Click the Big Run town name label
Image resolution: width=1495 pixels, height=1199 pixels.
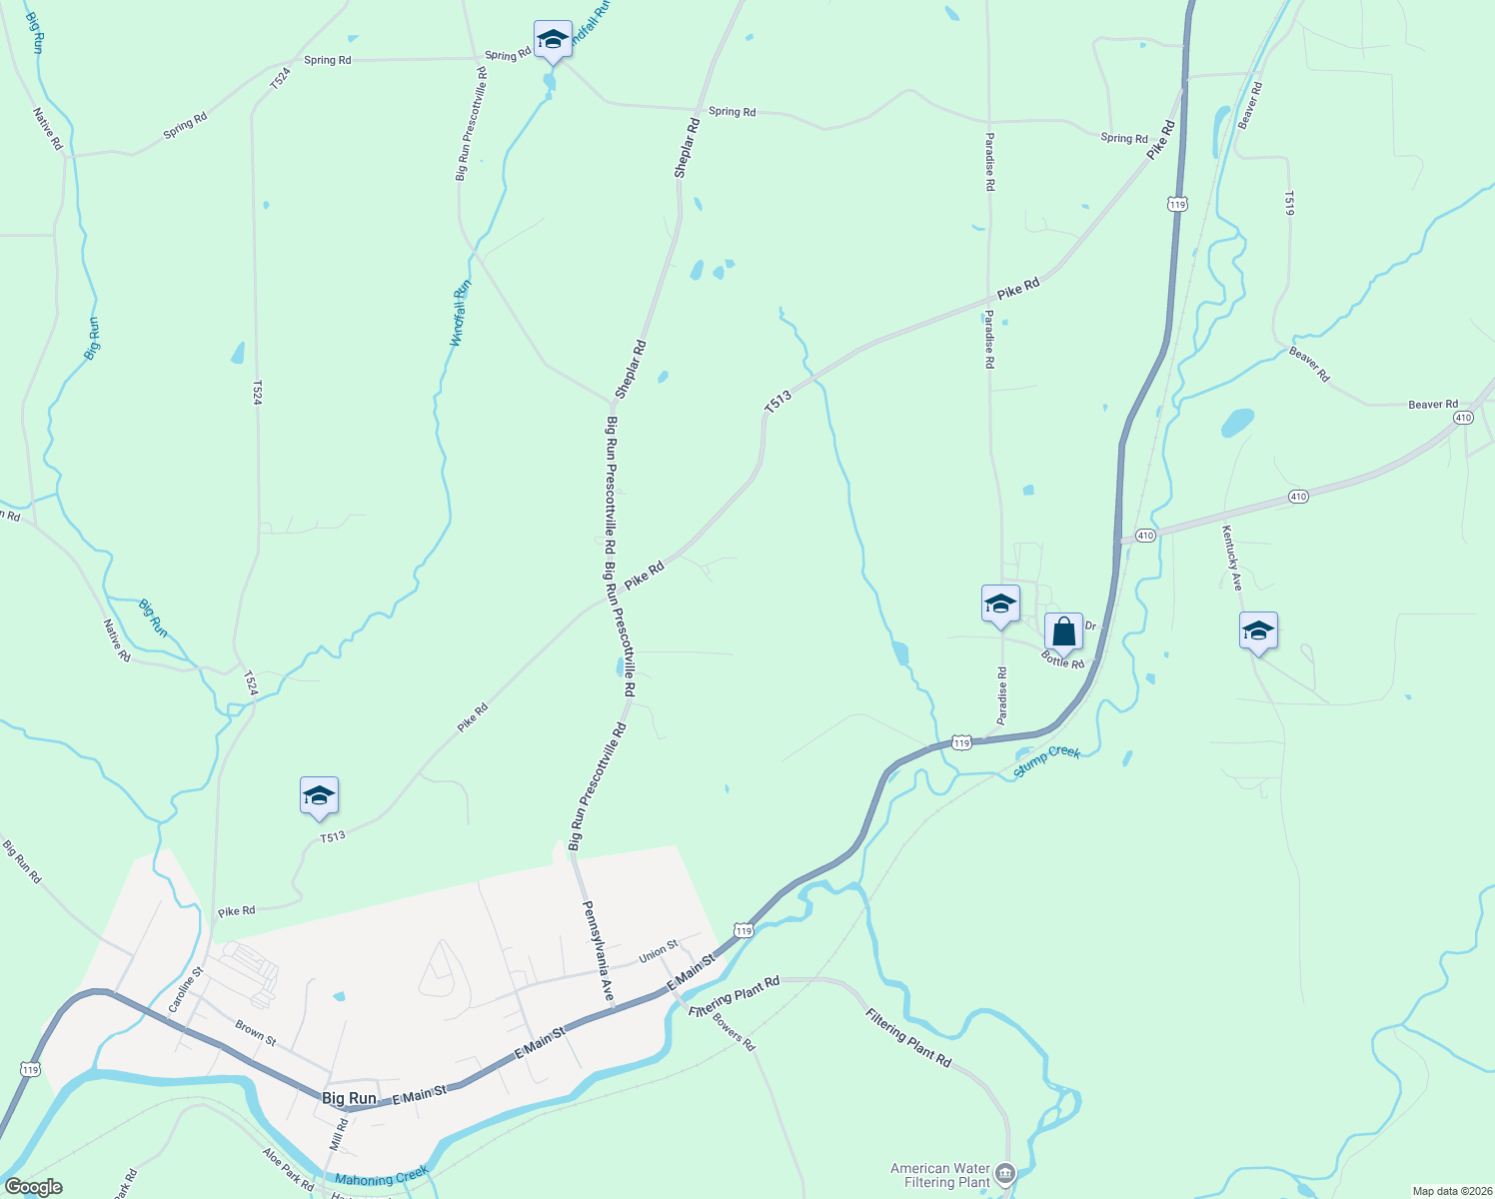click(349, 1098)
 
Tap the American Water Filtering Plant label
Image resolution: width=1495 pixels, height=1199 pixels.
click(939, 1175)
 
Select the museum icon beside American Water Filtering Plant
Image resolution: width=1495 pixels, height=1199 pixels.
click(1005, 1173)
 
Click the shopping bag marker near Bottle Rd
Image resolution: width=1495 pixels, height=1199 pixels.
click(1063, 631)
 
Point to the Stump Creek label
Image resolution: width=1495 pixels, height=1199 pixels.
click(1046, 760)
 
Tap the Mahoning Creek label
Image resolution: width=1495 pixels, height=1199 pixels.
click(382, 1176)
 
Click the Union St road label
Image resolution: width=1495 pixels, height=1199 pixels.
click(658, 950)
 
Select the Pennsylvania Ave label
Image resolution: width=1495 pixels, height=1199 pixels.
click(598, 950)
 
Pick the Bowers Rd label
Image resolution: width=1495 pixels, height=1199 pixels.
click(734, 1032)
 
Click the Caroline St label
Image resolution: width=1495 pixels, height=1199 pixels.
click(186, 989)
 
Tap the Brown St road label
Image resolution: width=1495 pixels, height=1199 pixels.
click(256, 1032)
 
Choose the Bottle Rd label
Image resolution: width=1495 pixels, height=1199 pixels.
click(1062, 659)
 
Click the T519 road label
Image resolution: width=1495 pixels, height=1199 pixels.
click(1289, 203)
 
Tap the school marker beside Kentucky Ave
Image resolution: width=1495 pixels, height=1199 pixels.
click(1258, 630)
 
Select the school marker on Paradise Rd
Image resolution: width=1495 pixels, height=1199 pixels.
click(1000, 603)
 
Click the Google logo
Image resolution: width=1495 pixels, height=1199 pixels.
click(34, 1186)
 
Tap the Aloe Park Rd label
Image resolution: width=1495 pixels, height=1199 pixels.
click(288, 1168)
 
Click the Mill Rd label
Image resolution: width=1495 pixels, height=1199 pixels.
click(340, 1135)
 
